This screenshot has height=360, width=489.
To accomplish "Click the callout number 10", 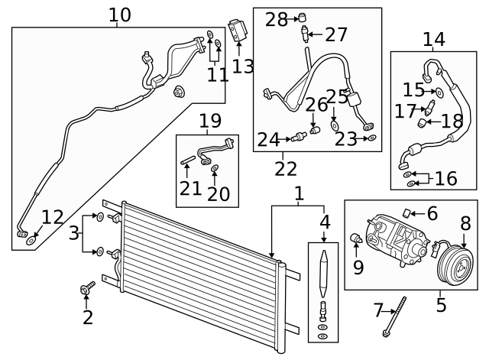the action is pos(120,15).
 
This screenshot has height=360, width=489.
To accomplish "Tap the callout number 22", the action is pos(286,169).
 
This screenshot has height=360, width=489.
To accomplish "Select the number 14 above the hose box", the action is pos(434,40).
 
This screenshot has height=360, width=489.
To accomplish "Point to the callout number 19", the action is pos(210,121).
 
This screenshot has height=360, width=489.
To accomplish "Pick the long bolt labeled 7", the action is pos(395,317).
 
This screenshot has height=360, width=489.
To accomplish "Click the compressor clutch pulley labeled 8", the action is pos(455,266).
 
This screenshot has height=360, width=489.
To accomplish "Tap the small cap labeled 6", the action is pos(406,213).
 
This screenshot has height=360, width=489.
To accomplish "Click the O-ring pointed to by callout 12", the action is pos(31,241).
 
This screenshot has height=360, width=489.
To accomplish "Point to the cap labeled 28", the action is pos(302,17).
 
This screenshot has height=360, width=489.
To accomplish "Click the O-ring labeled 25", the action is pos(335,125).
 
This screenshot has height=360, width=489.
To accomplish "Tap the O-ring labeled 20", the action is pos(215,168).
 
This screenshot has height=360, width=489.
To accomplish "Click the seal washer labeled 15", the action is pos(439,92).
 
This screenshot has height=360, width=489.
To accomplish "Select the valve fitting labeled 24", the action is pos(299,137).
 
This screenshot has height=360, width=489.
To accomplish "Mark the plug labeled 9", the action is pos(355,238).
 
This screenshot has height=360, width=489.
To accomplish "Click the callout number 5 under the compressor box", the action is pos(441,305).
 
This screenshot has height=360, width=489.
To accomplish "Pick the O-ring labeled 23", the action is pos(372,138).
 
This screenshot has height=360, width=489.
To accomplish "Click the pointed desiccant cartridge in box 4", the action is pos(324,274).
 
